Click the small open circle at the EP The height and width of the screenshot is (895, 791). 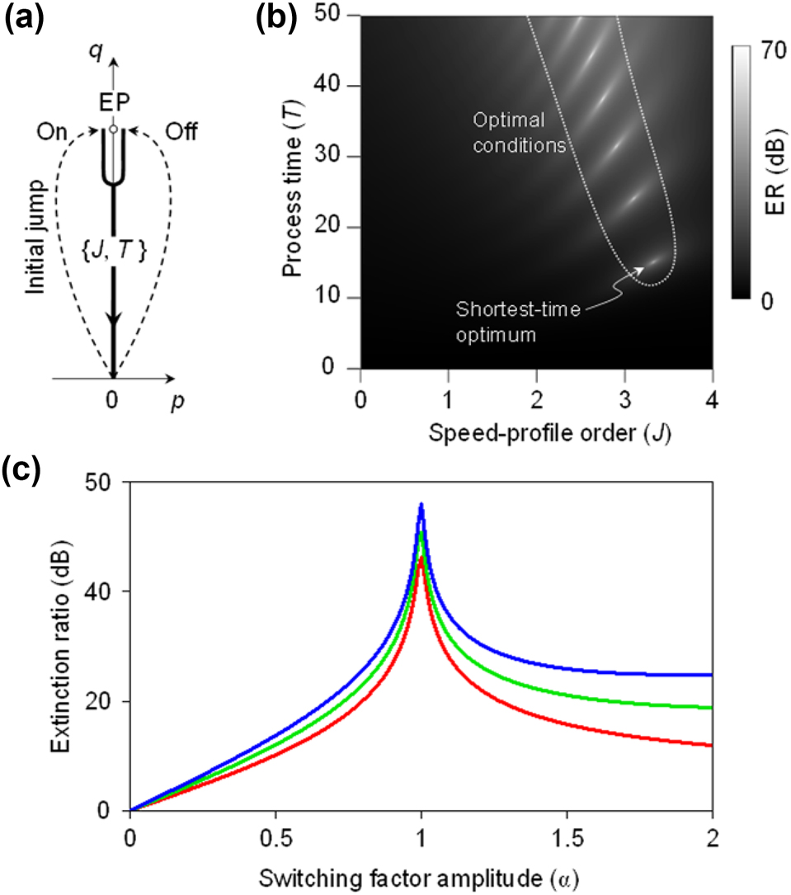tap(113, 128)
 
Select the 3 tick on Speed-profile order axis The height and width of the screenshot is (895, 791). tap(624, 388)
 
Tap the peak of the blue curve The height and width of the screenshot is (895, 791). tap(421, 504)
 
